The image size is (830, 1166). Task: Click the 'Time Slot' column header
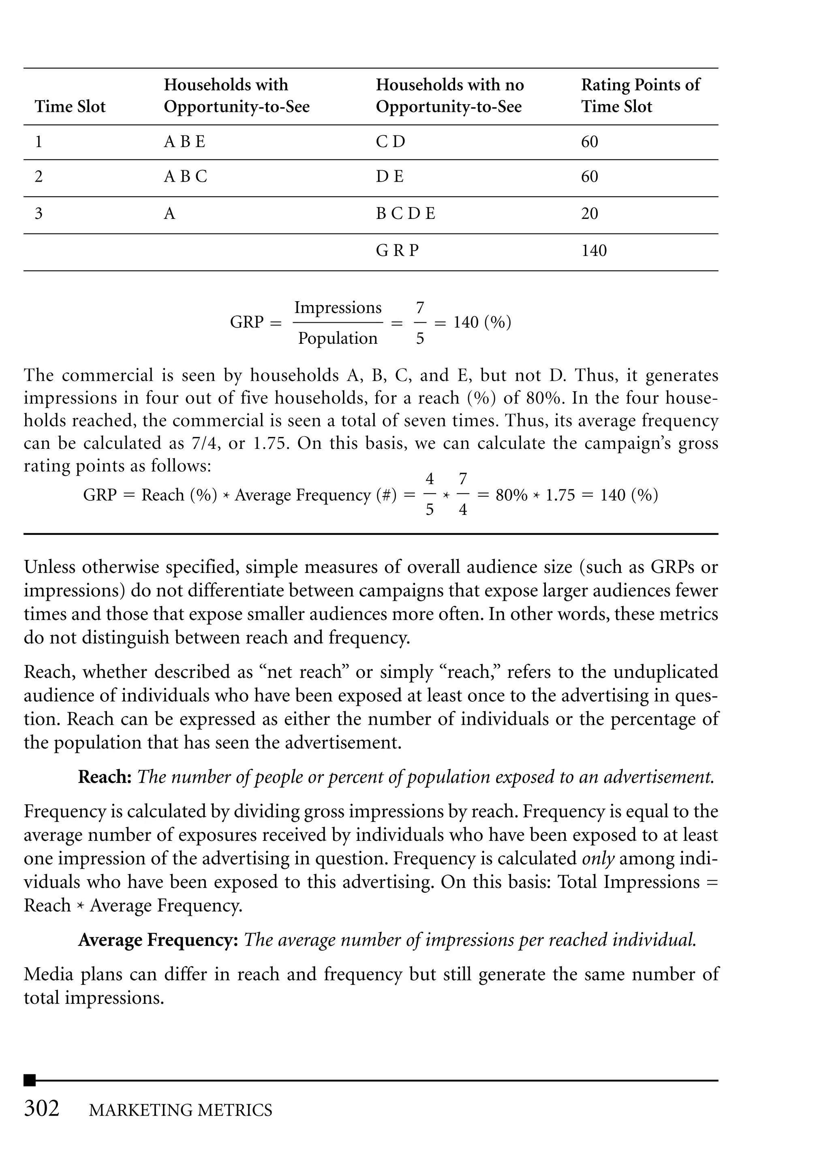coord(70,107)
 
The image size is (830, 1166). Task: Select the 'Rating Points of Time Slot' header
coord(640,96)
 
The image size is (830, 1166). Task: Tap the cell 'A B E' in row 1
coord(184,141)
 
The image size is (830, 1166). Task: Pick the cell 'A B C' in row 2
coord(186,177)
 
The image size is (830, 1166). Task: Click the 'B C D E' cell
coord(405,214)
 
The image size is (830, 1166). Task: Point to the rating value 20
coord(589,214)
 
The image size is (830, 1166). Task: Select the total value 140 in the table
coord(593,251)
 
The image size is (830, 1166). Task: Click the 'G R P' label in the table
coord(397,251)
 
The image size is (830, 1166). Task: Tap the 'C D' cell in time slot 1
coord(390,141)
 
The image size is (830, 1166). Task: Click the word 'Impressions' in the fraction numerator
coord(338,308)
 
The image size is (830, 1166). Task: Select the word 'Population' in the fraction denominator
coord(338,339)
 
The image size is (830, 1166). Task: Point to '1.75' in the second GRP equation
coord(560,495)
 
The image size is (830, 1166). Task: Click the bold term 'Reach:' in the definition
coord(105,777)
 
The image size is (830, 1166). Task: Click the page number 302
coord(42,1109)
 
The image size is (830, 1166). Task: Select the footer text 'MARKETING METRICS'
coord(180,1111)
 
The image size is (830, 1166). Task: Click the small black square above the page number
coord(30,1080)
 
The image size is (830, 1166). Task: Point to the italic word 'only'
coord(598,858)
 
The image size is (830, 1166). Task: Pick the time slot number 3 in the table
coord(39,214)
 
